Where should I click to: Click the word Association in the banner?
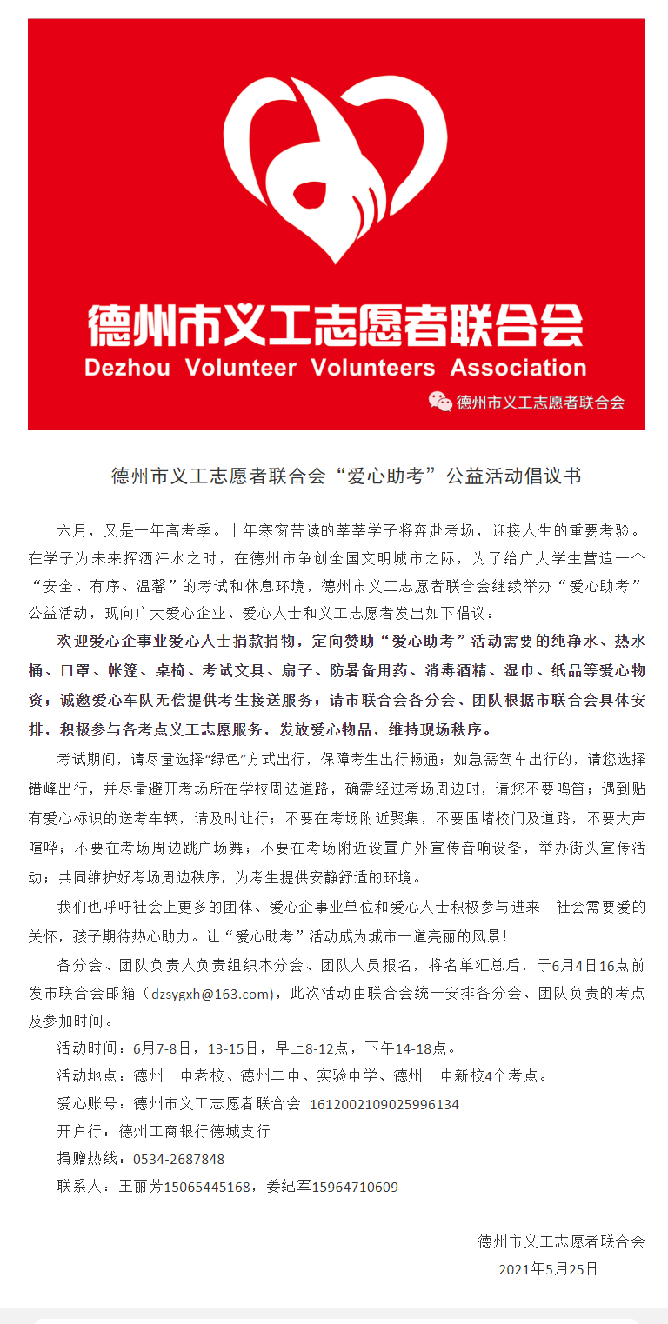coord(518,367)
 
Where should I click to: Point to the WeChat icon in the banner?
coord(440,401)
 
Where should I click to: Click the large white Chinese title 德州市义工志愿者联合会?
coord(335,326)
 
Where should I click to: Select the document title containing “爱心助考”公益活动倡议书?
coord(346,476)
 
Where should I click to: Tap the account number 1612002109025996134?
coord(384,1104)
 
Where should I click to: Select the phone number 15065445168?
coord(209,1187)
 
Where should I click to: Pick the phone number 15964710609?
coord(355,1187)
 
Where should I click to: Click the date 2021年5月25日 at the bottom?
coord(548,1269)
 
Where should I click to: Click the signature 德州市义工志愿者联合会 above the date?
coord(561,1241)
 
